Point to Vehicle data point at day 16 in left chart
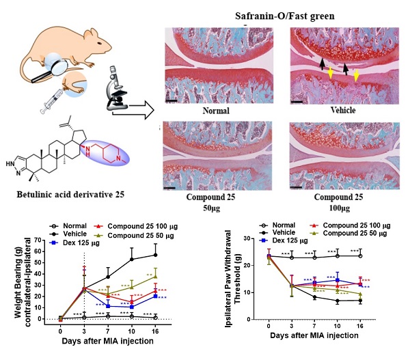[x=156, y=255]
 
